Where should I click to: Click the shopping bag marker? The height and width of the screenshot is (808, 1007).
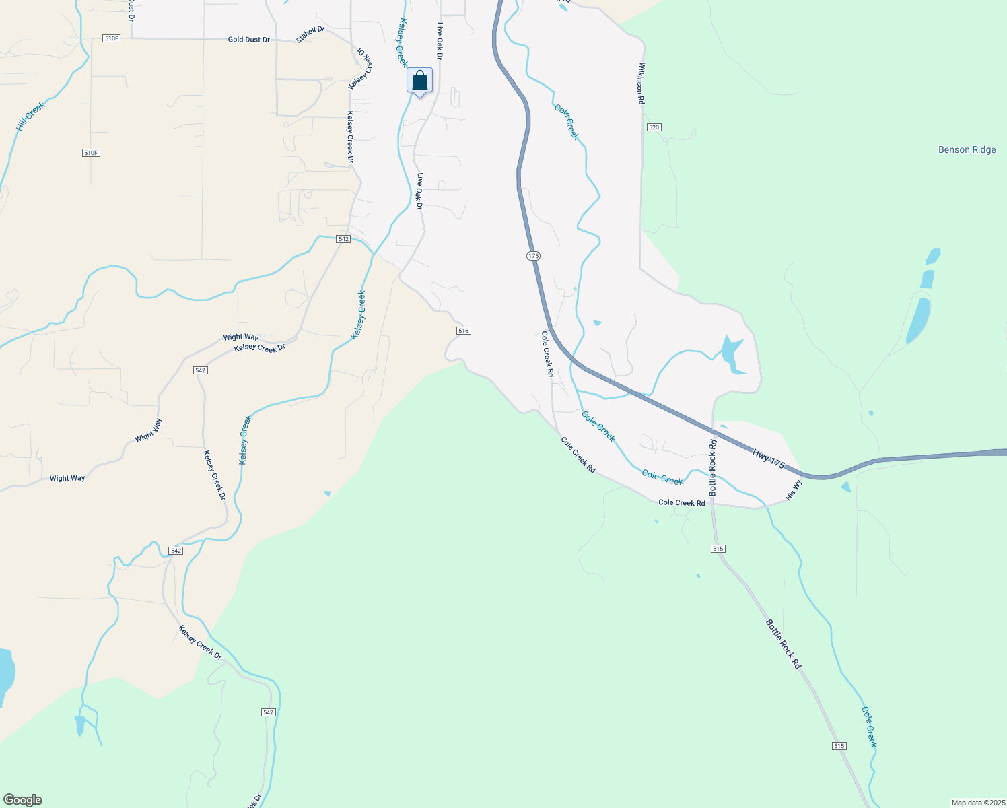click(419, 81)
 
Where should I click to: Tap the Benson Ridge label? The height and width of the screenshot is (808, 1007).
click(967, 149)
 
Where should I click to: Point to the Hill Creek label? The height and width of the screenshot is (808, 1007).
click(30, 116)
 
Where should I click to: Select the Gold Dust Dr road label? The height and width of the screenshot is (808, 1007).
click(248, 40)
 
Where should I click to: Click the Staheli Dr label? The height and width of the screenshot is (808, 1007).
click(310, 35)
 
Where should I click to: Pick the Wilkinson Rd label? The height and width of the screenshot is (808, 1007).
click(641, 83)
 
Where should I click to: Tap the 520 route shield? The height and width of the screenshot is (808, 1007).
click(654, 127)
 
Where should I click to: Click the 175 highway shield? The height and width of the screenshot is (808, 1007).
click(533, 256)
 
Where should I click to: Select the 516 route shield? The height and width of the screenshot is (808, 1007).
click(463, 331)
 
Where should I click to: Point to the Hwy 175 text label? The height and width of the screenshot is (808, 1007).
click(769, 459)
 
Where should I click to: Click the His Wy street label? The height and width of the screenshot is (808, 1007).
click(794, 490)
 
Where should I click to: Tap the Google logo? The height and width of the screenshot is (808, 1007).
click(23, 800)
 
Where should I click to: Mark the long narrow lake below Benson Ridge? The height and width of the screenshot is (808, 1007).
click(918, 321)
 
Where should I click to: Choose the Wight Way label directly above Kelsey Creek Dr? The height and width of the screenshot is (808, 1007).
click(241, 337)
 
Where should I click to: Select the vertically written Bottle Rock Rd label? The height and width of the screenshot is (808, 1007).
click(712, 468)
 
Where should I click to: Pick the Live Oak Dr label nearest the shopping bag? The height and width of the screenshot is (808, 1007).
click(440, 42)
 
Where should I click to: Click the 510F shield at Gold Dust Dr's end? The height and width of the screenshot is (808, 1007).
click(112, 38)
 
